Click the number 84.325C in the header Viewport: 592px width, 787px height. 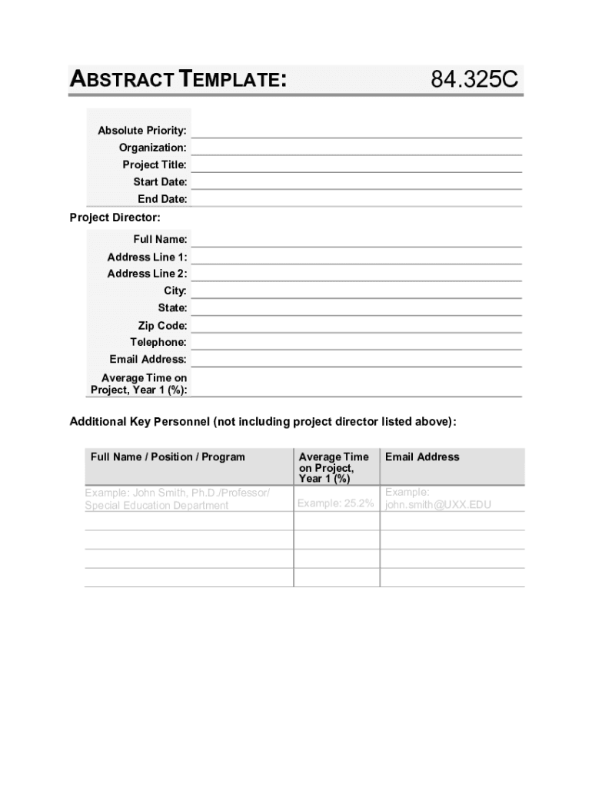click(x=474, y=79)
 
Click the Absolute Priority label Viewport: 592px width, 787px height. click(x=142, y=131)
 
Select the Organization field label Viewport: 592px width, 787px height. click(x=152, y=148)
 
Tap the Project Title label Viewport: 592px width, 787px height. click(x=155, y=164)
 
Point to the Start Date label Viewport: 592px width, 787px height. click(x=160, y=182)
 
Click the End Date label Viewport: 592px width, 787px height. click(x=162, y=199)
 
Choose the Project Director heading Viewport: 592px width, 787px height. click(x=115, y=218)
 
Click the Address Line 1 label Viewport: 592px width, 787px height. click(x=147, y=257)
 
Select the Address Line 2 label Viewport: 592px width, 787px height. click(x=147, y=274)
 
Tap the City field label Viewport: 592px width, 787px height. click(x=175, y=291)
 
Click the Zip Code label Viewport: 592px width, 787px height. click(x=162, y=326)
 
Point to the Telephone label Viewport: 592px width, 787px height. click(x=158, y=342)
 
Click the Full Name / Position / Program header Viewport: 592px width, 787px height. click(x=168, y=457)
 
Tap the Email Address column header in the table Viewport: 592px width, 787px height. click(x=422, y=457)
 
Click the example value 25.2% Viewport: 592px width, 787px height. click(x=336, y=503)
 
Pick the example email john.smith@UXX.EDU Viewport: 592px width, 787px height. click(x=438, y=505)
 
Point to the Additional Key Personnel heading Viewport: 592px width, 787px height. click(x=263, y=422)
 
